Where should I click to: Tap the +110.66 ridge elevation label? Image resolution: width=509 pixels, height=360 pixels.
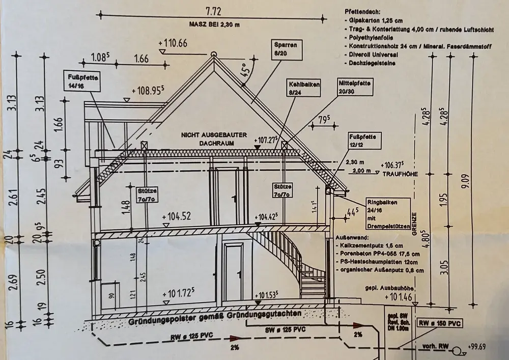click(173, 43)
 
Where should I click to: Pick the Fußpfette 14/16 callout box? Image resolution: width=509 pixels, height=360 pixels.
click(82, 82)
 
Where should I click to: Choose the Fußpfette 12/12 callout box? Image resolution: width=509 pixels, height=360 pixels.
click(364, 141)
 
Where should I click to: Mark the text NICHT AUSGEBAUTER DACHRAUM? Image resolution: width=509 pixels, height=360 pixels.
click(213, 139)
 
